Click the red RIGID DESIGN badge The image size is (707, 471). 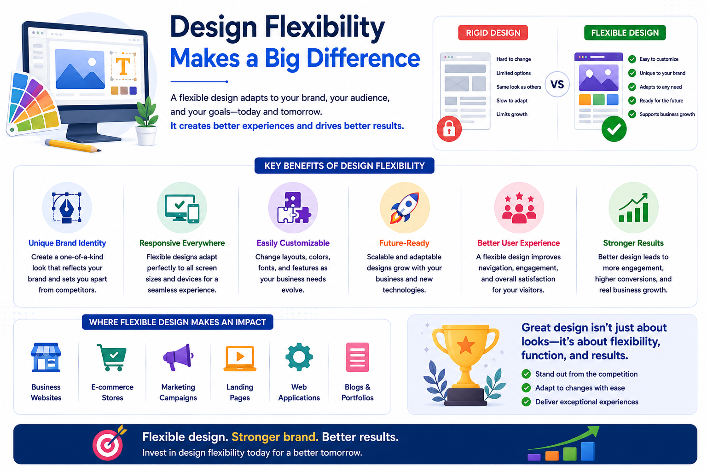(x=493, y=33)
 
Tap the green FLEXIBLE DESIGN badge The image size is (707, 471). (x=625, y=33)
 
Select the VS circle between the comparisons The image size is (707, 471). (x=557, y=84)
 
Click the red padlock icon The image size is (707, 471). (x=449, y=129)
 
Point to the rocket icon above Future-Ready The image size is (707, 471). (x=405, y=207)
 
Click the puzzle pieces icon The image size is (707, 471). (x=293, y=207)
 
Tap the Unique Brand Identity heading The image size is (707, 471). (x=67, y=243)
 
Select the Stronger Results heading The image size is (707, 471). (x=633, y=243)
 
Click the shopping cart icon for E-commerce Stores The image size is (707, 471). (x=112, y=357)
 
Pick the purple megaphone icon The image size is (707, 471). (x=178, y=357)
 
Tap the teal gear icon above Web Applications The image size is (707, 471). (x=299, y=357)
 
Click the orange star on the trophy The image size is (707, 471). (x=465, y=345)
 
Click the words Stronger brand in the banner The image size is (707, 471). (x=275, y=437)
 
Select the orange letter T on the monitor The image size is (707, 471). (x=123, y=66)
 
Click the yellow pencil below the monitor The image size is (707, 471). (x=73, y=146)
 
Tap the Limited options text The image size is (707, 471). (x=514, y=73)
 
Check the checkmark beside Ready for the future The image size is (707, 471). (x=632, y=101)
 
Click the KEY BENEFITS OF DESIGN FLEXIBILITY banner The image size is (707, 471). (x=344, y=166)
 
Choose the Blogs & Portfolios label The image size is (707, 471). (x=357, y=392)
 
